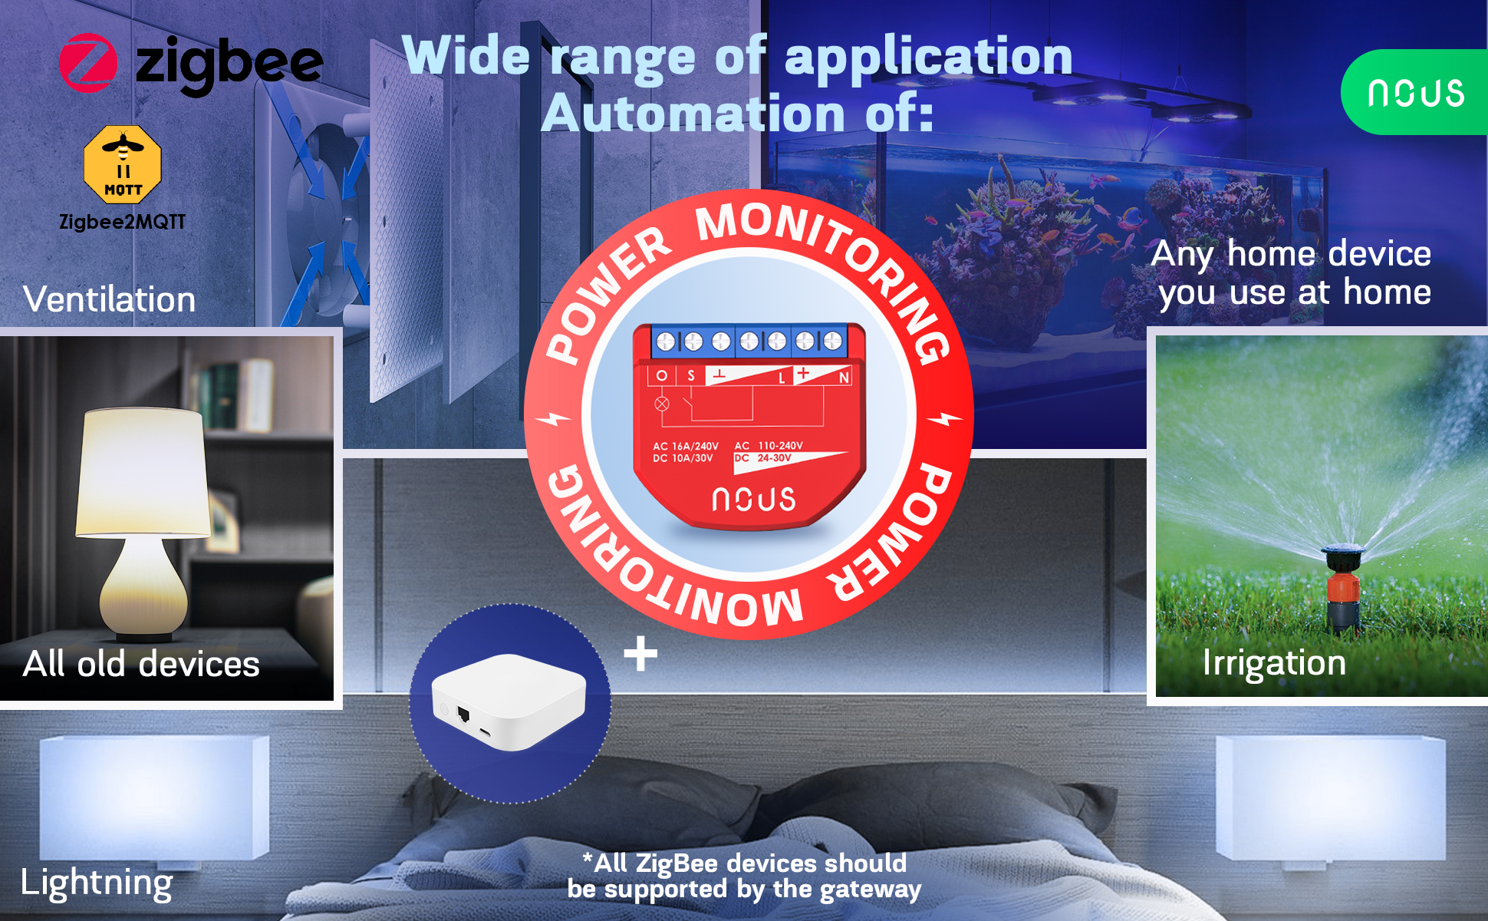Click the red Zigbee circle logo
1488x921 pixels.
click(88, 63)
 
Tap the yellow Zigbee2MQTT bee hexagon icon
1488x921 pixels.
click(123, 164)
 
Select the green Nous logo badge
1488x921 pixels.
click(1416, 92)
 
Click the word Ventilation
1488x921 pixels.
click(110, 299)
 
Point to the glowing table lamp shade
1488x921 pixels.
click(143, 472)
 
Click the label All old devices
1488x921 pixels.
click(141, 664)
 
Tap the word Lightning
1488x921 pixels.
click(97, 883)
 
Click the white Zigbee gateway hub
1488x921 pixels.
click(509, 701)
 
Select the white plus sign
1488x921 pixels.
click(640, 654)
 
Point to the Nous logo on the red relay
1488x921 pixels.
click(753, 500)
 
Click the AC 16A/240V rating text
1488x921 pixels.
click(685, 446)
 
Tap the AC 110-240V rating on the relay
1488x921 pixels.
click(769, 446)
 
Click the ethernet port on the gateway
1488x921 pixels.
click(463, 715)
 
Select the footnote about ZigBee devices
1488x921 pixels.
click(744, 876)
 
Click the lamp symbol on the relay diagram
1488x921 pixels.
click(662, 404)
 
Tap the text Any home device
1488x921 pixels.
click(1291, 254)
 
